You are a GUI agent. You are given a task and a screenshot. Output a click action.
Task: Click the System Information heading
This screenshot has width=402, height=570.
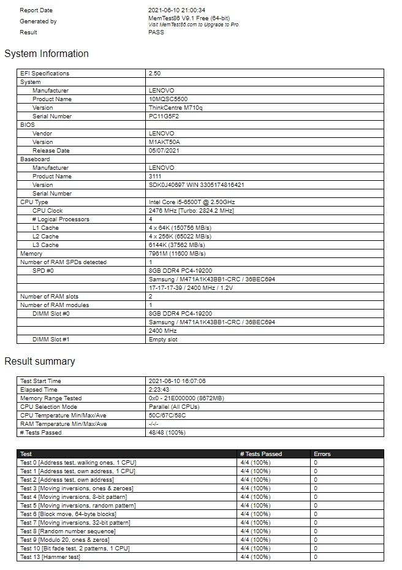(47, 54)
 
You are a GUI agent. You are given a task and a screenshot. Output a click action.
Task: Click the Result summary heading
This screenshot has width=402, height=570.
(40, 362)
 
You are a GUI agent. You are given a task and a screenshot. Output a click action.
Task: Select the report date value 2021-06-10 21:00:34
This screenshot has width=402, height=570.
(177, 10)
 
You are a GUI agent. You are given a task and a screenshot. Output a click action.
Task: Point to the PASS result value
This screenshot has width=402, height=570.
(156, 32)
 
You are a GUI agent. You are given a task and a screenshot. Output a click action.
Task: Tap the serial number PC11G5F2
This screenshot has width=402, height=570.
(164, 116)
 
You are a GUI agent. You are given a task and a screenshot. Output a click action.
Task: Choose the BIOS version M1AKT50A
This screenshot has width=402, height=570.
(164, 142)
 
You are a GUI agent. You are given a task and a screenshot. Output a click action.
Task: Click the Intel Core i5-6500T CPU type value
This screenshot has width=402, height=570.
(192, 202)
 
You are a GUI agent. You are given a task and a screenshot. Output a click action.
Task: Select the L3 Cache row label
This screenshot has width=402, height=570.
(46, 245)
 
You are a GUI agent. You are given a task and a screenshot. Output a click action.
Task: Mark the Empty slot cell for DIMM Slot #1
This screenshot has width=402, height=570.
(163, 340)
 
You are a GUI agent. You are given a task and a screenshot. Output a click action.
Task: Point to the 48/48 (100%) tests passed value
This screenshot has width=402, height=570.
(167, 433)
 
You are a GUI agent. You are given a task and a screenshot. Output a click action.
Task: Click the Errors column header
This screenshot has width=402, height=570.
(322, 454)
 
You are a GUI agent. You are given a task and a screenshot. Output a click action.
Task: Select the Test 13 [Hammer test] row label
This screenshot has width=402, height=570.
(50, 557)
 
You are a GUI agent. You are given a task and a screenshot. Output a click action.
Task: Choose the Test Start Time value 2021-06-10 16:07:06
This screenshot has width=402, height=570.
(177, 381)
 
